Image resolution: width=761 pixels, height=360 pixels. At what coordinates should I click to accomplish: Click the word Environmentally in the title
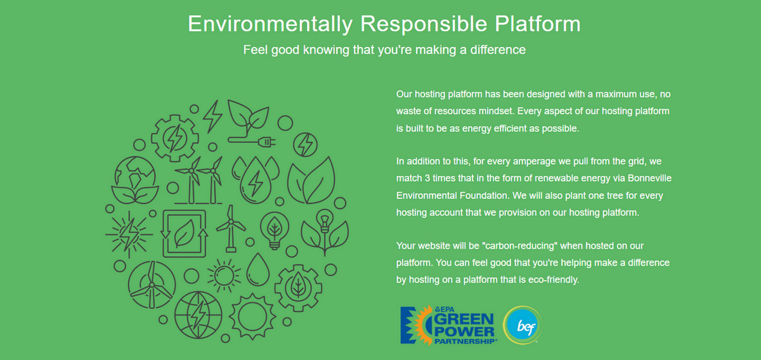click(x=270, y=25)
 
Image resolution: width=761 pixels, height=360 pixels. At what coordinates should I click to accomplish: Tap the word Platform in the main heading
click(x=538, y=24)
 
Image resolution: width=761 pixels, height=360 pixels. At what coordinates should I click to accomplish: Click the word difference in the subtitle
click(x=498, y=50)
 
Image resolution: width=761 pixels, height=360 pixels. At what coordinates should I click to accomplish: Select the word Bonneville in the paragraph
click(x=649, y=178)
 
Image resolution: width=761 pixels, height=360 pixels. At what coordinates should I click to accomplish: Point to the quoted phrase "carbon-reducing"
click(x=519, y=245)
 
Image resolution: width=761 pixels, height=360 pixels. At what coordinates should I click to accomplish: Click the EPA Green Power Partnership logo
click(x=448, y=325)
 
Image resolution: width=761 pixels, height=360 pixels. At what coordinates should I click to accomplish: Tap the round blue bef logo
click(x=523, y=325)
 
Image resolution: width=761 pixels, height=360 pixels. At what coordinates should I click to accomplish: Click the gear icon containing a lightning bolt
click(x=175, y=138)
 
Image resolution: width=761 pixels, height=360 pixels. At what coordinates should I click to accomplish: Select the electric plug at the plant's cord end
click(x=267, y=142)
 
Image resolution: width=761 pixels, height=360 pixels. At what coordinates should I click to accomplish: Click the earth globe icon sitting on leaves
click(x=135, y=180)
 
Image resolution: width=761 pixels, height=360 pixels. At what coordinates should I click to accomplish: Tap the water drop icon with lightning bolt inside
click(x=256, y=180)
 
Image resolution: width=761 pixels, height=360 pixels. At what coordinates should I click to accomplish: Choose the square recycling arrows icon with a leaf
click(x=184, y=233)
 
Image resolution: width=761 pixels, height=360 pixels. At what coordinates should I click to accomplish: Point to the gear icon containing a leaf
click(x=298, y=288)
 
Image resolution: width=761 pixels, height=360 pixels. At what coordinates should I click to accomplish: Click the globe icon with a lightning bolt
click(x=198, y=315)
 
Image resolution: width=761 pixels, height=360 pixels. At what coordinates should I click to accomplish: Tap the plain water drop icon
click(x=258, y=269)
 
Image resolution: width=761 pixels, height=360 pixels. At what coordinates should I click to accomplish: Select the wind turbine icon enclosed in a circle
click(x=152, y=285)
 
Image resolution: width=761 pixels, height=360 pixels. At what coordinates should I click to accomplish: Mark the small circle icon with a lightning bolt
click(x=306, y=145)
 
